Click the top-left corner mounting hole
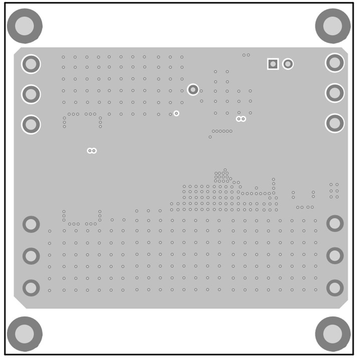24,26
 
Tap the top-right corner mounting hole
332,26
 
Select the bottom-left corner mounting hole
24,333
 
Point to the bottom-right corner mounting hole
332,333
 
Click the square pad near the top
273,64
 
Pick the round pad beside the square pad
288,64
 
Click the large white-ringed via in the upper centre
193,90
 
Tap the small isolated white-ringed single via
176,113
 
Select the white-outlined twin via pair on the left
92,150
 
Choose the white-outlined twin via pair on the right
241,119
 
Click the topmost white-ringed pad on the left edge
31,64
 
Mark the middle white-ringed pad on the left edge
31,94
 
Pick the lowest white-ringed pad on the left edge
31,124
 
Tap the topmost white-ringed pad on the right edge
335,63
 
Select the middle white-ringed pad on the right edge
335,93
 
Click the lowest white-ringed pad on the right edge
335,123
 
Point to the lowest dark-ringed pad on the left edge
31,288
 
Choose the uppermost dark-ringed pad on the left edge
31,224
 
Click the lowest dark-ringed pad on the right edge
335,288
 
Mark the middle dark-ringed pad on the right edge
335,256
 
